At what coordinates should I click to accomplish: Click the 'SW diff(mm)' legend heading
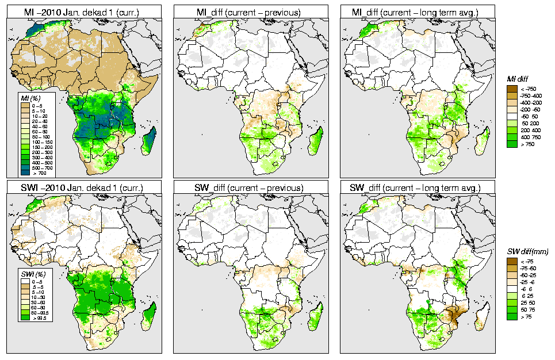pos(527,252)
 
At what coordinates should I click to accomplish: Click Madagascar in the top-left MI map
pos(149,141)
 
